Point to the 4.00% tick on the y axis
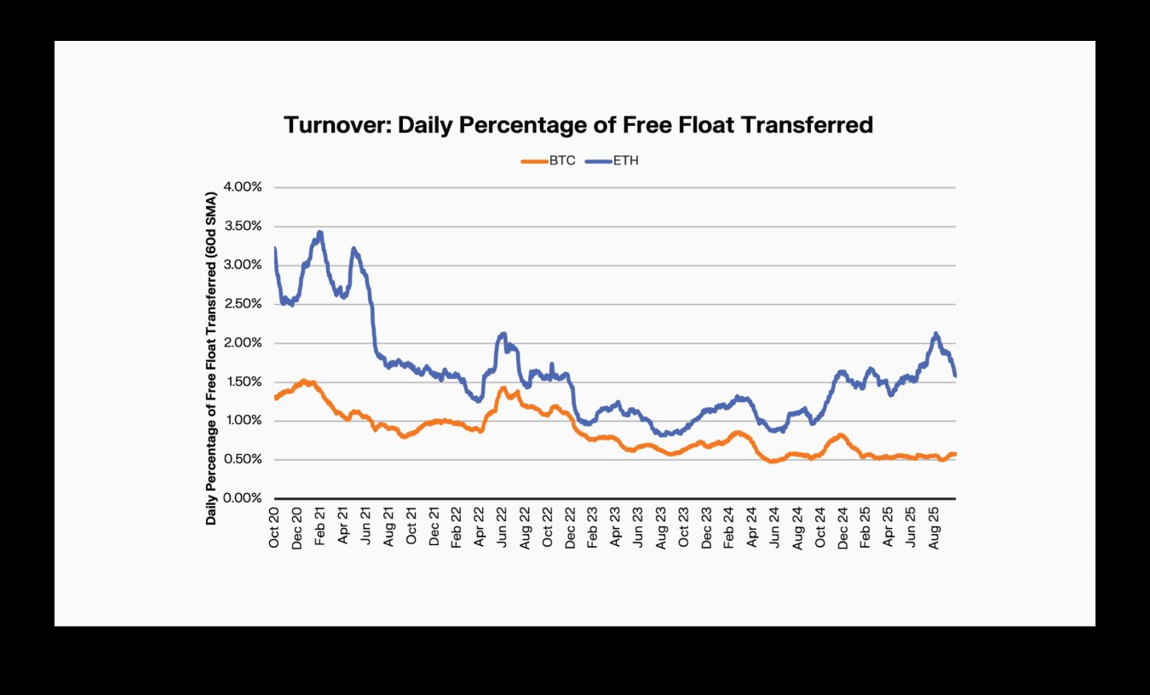coord(244,187)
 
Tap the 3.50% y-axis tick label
coord(244,227)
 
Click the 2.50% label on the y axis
coord(244,304)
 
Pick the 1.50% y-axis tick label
coord(244,382)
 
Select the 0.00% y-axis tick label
coord(244,498)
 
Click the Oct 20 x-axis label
coord(274,526)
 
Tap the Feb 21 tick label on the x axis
coord(320,526)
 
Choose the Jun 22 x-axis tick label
coord(503,526)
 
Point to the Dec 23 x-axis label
coord(707,526)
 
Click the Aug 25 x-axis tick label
coord(934,526)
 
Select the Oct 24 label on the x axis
coord(820,526)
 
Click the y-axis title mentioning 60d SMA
coord(210,358)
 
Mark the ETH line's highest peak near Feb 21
coord(319,232)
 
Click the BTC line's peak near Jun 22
coord(503,388)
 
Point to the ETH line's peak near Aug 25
coord(935,334)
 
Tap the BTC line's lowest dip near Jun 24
coord(773,462)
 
